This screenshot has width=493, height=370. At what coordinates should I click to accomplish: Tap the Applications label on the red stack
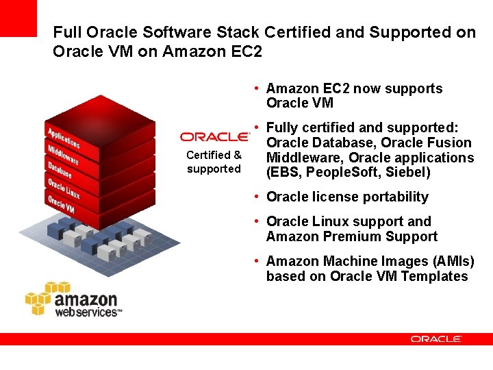pyautogui.click(x=64, y=135)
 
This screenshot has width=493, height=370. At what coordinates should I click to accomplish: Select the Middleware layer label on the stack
pyautogui.click(x=63, y=154)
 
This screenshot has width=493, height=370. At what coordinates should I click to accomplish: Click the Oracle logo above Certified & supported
pyautogui.click(x=214, y=136)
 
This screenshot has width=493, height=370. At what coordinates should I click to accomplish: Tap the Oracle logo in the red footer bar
pyautogui.click(x=436, y=338)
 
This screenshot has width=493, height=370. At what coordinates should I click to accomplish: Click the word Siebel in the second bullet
pyautogui.click(x=406, y=173)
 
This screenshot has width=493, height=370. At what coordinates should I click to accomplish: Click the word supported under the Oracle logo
pyautogui.click(x=214, y=169)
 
